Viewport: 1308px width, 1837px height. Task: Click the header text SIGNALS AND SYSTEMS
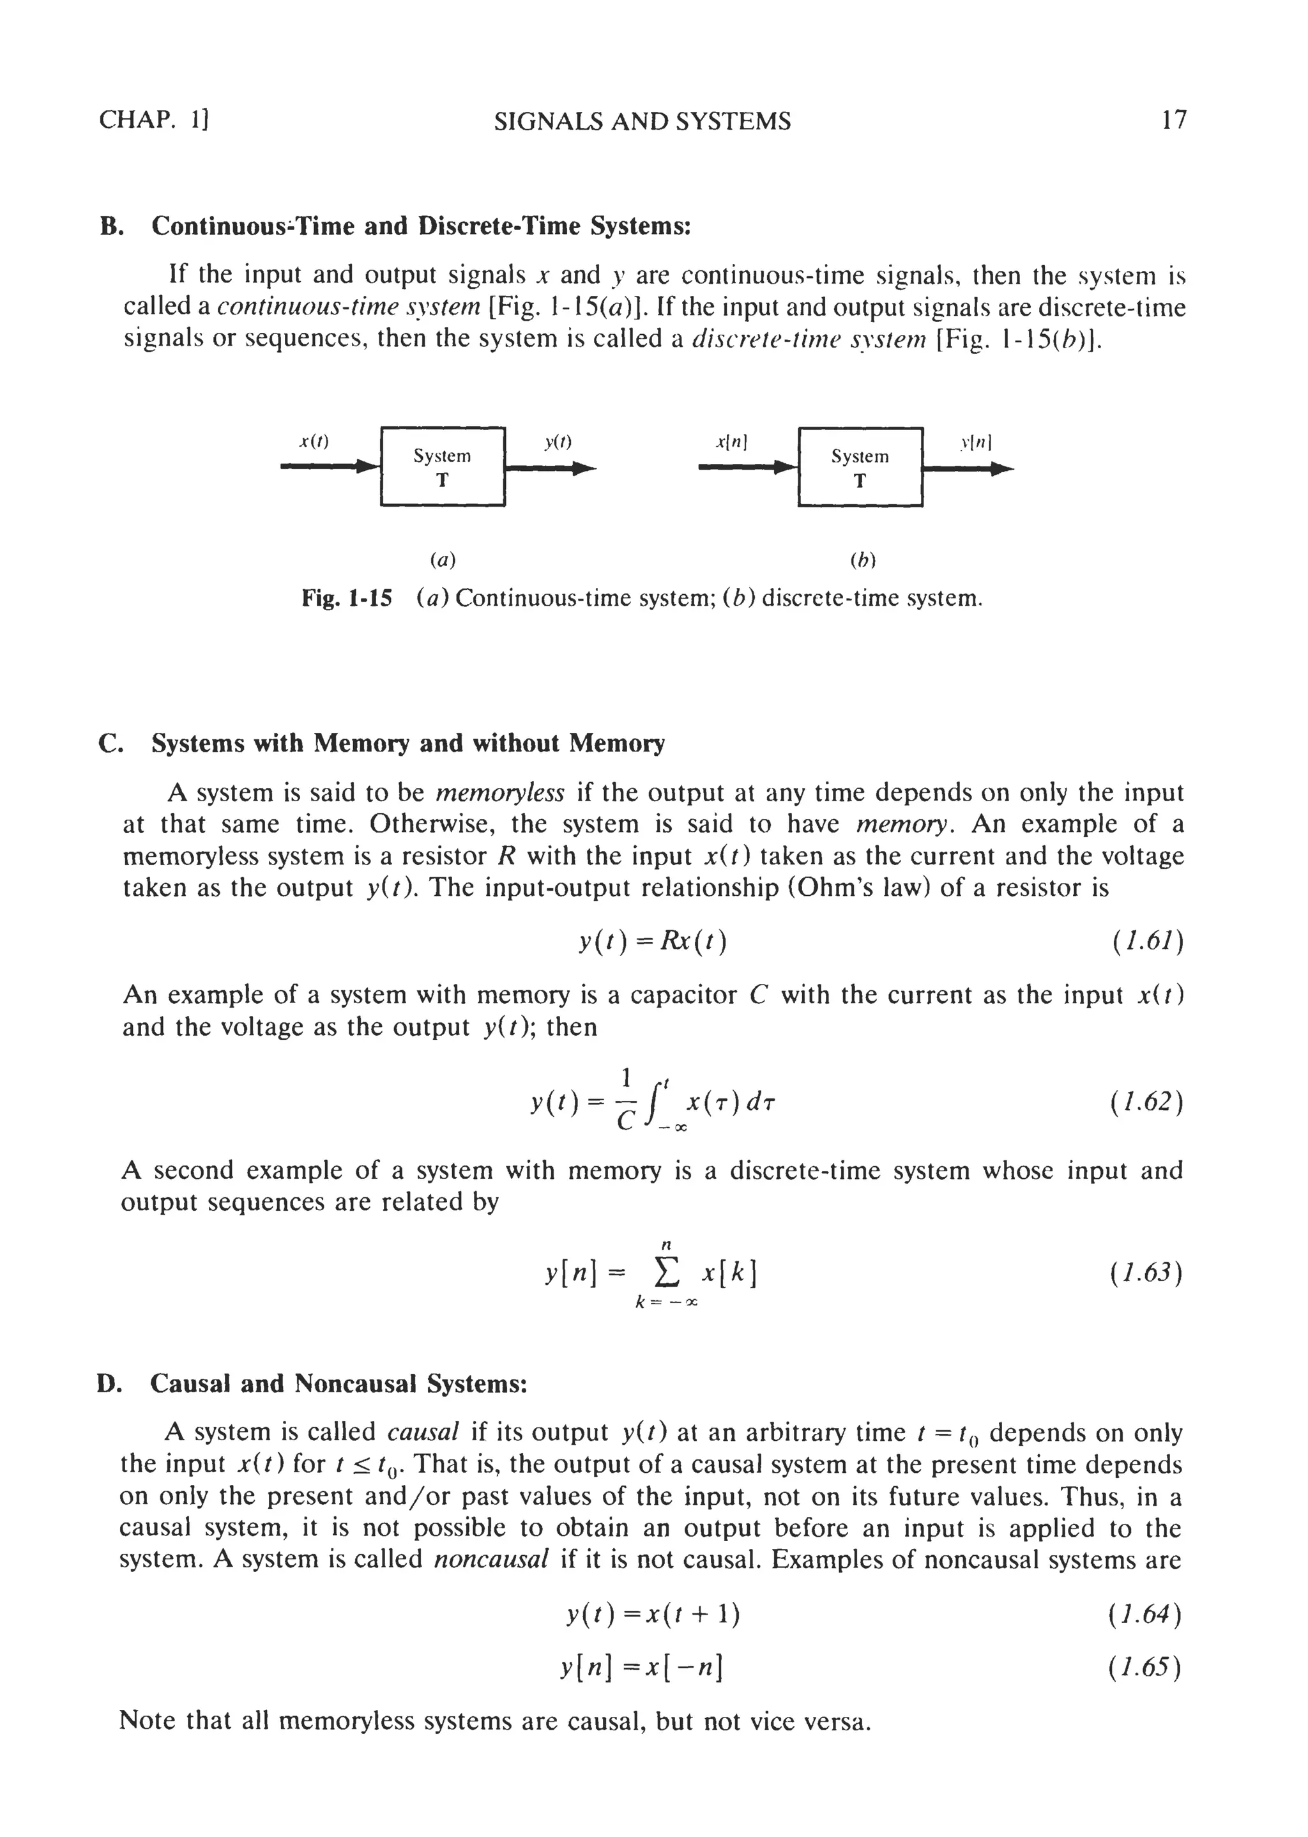coord(642,121)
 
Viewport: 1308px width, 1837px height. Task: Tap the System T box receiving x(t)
coord(442,466)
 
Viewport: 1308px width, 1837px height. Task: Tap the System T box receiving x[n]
coord(860,467)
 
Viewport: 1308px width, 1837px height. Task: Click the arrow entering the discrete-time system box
coord(746,467)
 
